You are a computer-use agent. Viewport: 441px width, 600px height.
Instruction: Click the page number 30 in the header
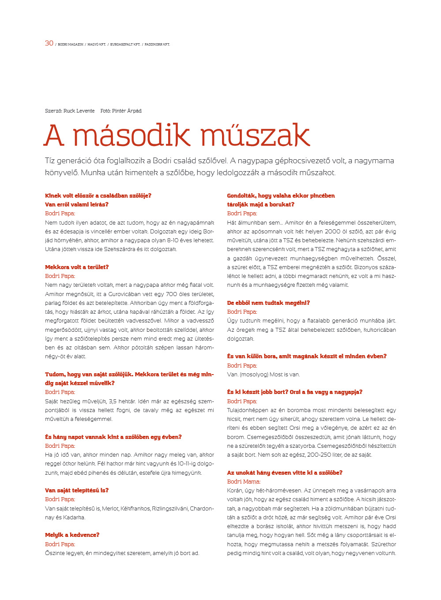49,43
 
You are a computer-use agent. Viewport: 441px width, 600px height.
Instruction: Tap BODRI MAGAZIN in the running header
71,45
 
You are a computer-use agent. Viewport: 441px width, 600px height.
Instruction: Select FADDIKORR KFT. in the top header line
157,45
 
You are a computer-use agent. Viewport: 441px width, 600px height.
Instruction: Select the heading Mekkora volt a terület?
77,267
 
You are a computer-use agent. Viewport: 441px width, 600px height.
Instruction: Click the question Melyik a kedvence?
72,535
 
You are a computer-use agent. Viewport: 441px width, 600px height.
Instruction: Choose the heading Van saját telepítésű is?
77,491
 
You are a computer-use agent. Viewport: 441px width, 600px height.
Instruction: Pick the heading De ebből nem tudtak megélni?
268,303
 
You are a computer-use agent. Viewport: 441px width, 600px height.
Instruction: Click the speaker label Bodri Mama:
244,482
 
